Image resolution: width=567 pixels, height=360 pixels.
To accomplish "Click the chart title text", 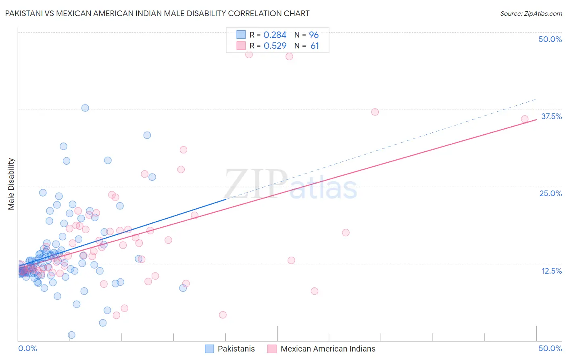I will [157, 13].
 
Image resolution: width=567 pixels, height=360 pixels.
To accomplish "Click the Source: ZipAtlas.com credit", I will [531, 13].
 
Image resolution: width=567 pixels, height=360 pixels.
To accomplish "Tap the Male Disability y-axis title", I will [11, 184].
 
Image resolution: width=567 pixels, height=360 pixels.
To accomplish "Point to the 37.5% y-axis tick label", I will [551, 116].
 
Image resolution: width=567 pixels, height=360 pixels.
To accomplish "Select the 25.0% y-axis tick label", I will [550, 193].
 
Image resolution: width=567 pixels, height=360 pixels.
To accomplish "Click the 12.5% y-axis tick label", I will [551, 271].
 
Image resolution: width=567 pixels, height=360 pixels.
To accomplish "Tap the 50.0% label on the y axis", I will [550, 39].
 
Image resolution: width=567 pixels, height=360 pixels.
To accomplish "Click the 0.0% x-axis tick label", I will [27, 348].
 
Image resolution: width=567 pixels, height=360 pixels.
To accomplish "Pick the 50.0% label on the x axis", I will [550, 348].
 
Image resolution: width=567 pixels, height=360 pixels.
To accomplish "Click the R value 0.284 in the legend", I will [275, 35].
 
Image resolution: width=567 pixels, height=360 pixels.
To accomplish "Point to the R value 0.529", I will [275, 46].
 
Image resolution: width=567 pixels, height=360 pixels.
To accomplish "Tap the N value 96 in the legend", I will [314, 35].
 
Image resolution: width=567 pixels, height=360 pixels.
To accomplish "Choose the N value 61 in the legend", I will [315, 46].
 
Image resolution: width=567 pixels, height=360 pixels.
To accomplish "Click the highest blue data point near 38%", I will [85, 108].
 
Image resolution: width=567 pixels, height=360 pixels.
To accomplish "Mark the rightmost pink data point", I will [525, 119].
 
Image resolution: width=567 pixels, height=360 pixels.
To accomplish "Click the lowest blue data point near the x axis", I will [71, 335].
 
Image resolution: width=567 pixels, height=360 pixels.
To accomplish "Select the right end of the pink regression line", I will [536, 119].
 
